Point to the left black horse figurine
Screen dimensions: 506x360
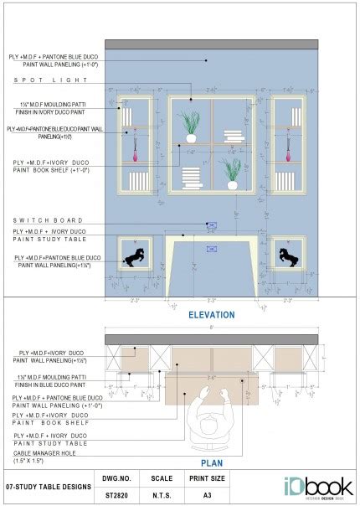point(134,256)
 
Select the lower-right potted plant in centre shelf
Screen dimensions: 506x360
point(232,172)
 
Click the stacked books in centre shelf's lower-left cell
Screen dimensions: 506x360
point(192,177)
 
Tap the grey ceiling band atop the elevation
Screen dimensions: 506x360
point(211,44)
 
